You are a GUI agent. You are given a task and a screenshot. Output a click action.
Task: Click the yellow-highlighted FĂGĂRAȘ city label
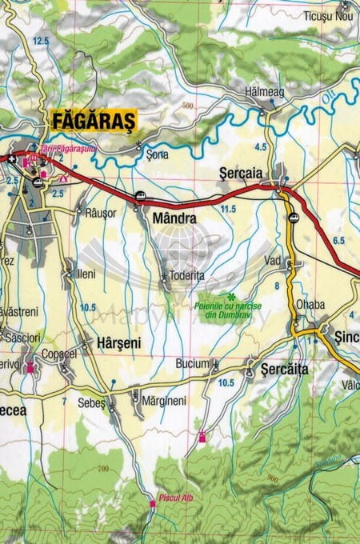tap(94, 121)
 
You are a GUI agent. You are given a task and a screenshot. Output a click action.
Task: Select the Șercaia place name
tap(240, 172)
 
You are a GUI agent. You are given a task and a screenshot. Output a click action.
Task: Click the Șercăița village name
tap(285, 370)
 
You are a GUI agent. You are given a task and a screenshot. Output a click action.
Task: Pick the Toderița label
tap(188, 274)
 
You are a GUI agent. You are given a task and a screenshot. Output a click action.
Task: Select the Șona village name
tap(158, 154)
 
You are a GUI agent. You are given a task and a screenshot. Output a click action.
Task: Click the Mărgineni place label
tap(163, 400)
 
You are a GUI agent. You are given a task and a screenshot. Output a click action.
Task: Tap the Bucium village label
tap(192, 363)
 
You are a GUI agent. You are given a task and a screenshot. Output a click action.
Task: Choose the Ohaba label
tap(310, 304)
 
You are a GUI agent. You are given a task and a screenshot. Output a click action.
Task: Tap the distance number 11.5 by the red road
tap(229, 209)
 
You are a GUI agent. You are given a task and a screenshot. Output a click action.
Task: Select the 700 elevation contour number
tap(102, 469)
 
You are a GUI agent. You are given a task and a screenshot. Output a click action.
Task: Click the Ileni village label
tap(86, 273)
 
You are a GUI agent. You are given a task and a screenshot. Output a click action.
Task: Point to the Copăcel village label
tap(58, 353)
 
